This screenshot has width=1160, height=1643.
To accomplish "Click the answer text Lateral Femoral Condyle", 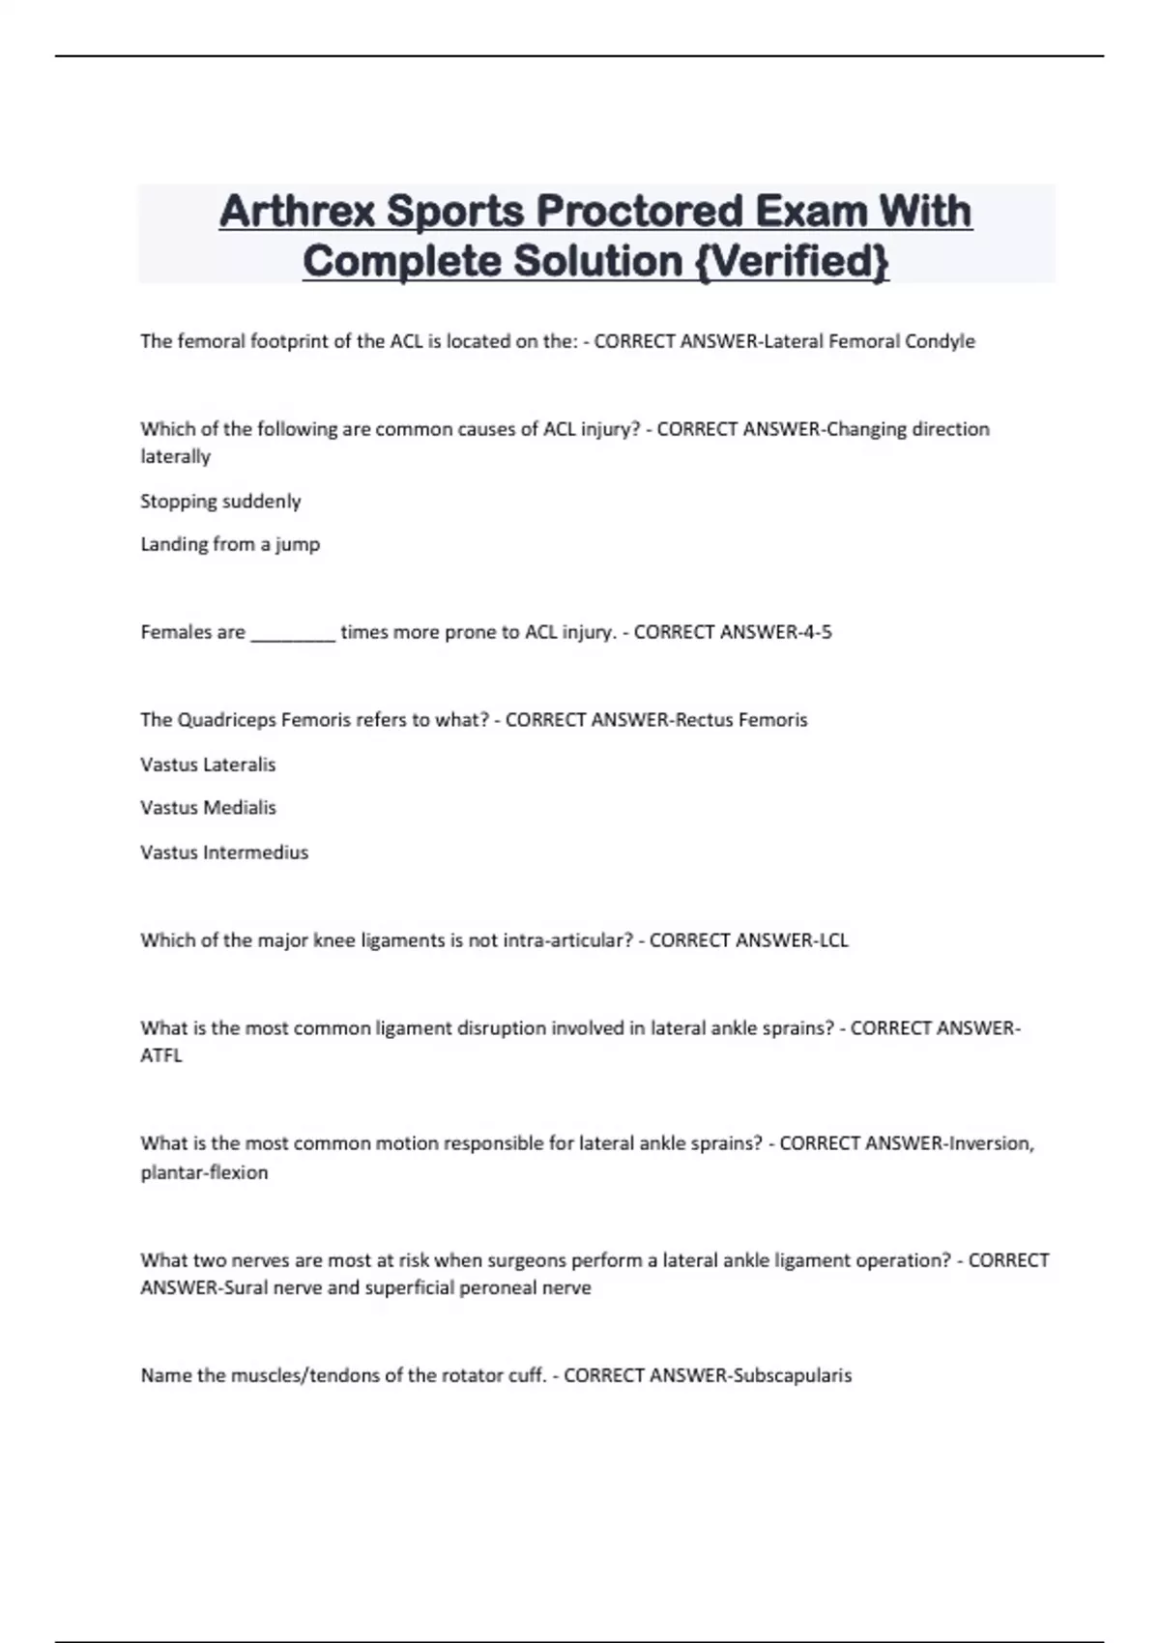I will click(869, 341).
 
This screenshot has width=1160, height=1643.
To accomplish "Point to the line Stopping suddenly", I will click(220, 501).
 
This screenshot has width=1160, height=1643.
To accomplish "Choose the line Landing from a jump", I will click(230, 544).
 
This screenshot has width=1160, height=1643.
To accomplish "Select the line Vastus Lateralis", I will click(208, 764).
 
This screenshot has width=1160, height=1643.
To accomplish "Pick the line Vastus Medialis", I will click(208, 807).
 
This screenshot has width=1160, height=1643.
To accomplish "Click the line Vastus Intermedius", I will click(224, 852).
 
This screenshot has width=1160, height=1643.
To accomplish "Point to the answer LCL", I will click(833, 939).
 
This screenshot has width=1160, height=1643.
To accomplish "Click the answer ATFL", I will click(161, 1055).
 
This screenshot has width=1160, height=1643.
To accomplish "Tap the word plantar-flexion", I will click(204, 1172).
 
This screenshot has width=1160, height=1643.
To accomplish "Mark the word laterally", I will click(175, 456).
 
